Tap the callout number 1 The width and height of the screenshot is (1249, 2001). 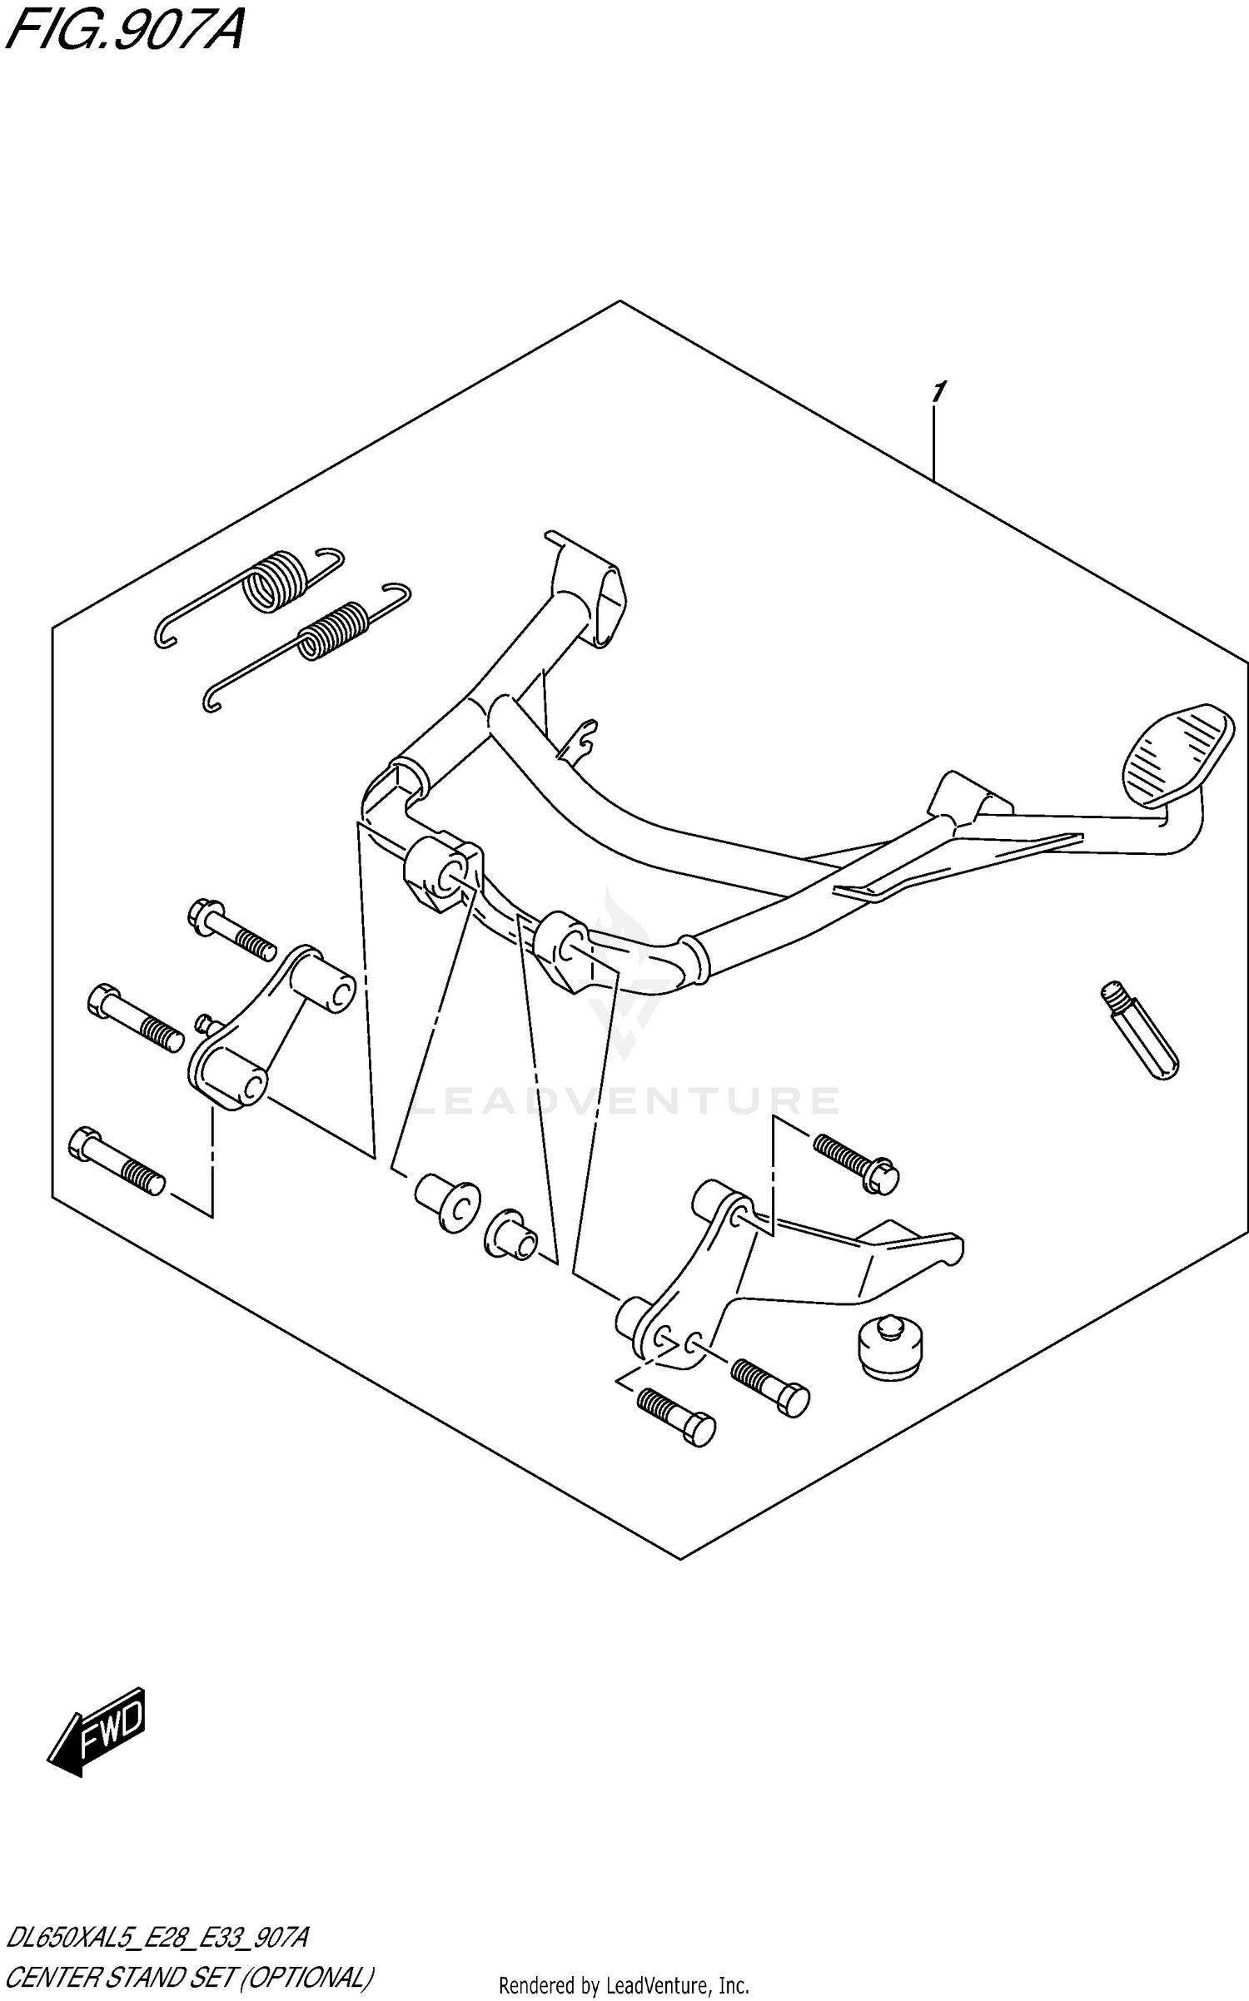[x=938, y=391]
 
